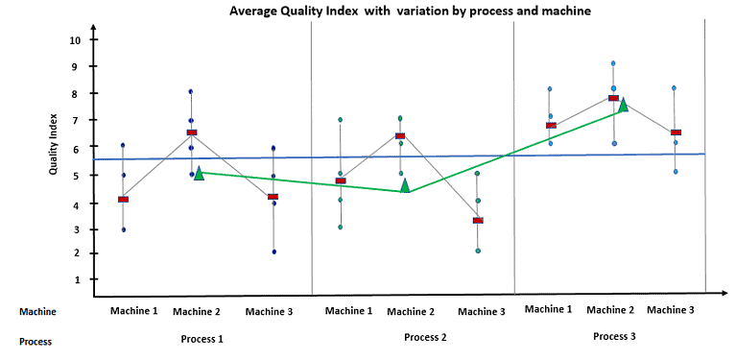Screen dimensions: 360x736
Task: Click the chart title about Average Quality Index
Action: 409,10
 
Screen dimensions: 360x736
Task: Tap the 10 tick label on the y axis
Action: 75,40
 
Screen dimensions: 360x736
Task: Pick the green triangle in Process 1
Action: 199,174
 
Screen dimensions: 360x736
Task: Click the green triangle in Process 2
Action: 405,185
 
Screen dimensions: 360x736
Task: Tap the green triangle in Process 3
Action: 623,105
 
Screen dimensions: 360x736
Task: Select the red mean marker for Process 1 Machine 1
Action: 123,199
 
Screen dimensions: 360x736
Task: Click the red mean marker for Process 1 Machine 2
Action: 192,132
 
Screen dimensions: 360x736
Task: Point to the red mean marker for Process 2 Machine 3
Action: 478,220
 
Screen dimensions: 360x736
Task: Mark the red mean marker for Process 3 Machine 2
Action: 613,98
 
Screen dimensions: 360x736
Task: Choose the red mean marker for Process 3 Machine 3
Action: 676,132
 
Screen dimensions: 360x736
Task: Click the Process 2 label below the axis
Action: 425,337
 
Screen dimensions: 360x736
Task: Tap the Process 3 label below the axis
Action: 614,336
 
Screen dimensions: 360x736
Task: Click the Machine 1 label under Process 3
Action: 548,309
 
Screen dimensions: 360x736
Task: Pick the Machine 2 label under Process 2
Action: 411,311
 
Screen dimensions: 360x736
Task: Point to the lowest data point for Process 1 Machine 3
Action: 274,252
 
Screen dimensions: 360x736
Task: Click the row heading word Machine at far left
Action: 38,311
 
